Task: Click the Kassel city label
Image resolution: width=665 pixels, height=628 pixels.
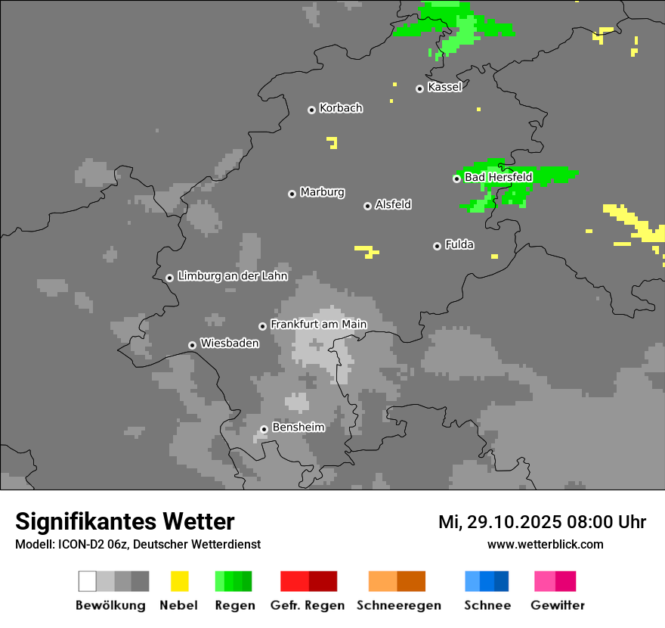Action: pos(444,87)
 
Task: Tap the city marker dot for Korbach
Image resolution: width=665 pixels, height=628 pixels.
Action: pos(311,110)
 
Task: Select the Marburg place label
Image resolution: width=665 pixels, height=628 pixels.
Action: pos(322,192)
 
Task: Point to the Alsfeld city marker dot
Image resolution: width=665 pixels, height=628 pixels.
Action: pos(368,206)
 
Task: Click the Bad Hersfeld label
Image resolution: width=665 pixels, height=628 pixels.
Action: pos(498,178)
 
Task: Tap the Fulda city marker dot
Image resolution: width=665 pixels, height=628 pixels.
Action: pos(437,246)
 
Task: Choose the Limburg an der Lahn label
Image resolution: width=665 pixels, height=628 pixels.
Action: pos(232,276)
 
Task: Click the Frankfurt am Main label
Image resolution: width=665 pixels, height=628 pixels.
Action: pos(318,325)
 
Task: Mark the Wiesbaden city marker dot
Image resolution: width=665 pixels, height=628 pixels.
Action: pos(193,345)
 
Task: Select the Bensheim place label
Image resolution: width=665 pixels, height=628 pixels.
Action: pos(298,427)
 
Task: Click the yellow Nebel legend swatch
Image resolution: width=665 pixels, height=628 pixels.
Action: pos(179,581)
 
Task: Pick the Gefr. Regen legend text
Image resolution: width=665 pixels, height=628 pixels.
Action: pos(308,605)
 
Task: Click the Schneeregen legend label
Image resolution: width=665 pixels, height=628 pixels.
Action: pos(398,605)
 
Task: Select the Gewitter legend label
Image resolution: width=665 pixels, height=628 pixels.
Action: pos(558,605)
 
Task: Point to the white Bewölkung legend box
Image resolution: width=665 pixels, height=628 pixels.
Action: pos(88,581)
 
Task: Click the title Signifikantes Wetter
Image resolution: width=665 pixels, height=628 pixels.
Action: pos(125,521)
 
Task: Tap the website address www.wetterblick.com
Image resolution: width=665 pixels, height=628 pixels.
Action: pos(545,544)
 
